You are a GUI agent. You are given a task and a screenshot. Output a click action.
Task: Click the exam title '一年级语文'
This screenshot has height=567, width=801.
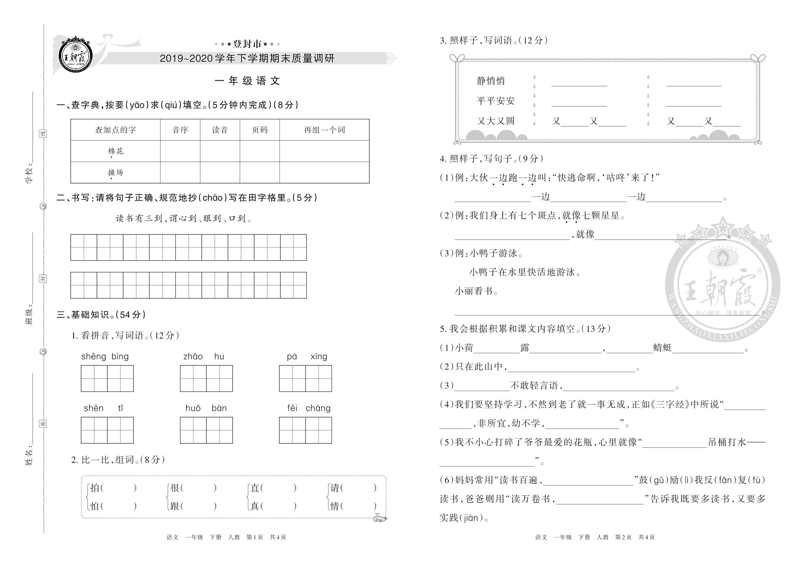pyautogui.click(x=247, y=81)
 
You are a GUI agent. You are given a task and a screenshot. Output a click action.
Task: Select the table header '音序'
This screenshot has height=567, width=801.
pyautogui.click(x=180, y=130)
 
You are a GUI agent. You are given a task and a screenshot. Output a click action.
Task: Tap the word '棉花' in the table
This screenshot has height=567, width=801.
pyautogui.click(x=115, y=151)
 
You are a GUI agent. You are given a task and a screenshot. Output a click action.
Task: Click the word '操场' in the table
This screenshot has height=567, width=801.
pyautogui.click(x=115, y=172)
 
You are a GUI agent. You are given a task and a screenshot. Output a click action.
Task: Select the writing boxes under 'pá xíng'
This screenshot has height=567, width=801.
pyautogui.click(x=305, y=378)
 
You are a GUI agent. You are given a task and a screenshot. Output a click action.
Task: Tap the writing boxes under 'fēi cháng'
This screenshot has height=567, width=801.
pyautogui.click(x=305, y=430)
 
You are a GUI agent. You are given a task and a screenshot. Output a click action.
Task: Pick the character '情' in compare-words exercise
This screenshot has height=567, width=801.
pyautogui.click(x=334, y=506)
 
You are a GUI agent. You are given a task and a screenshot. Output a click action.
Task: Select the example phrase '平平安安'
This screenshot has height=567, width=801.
pyautogui.click(x=495, y=101)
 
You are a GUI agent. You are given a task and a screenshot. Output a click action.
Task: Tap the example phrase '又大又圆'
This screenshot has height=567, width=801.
pyautogui.click(x=495, y=121)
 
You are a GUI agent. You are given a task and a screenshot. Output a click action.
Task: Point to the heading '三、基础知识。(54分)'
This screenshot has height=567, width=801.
pyautogui.click(x=101, y=315)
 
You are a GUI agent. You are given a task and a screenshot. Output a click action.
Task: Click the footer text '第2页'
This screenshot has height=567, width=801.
pyautogui.click(x=623, y=537)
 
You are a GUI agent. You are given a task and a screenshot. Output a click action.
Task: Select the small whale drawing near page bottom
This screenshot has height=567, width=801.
pyautogui.click(x=380, y=518)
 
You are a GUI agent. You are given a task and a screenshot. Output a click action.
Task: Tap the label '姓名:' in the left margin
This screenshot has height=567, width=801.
pyautogui.click(x=30, y=456)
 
